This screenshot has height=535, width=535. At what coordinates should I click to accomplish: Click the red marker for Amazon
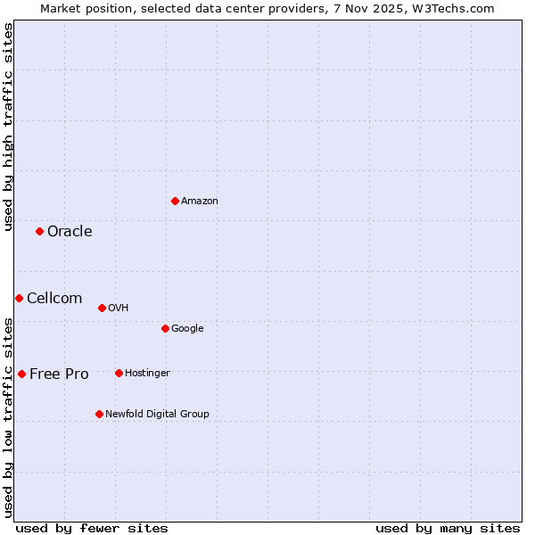175,201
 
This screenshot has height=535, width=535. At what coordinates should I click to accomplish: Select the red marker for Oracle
39,231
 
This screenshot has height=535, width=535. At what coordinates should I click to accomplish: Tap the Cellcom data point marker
19,298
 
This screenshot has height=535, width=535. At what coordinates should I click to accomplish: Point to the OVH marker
102,308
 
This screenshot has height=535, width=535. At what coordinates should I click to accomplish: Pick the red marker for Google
165,328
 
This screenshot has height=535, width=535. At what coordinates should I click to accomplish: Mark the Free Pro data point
21,374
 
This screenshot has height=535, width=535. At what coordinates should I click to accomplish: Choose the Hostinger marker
119,373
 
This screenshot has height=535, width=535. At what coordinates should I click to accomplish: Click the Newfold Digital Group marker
99,414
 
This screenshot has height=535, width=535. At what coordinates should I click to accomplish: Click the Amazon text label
200,202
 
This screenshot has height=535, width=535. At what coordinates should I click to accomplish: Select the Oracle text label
70,232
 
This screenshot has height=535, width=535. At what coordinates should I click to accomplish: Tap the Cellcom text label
54,299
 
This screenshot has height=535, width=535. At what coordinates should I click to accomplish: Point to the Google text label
187,329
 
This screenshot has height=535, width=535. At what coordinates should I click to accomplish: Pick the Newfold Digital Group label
157,415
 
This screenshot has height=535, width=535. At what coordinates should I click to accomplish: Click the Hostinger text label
147,374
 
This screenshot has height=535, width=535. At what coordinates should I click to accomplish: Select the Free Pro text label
59,374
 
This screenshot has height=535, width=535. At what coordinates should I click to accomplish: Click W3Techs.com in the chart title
458,8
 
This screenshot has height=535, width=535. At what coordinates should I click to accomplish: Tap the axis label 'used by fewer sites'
92,528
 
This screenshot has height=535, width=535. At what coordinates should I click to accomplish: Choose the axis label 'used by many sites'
448,528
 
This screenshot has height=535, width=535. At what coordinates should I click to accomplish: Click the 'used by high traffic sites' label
8,127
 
